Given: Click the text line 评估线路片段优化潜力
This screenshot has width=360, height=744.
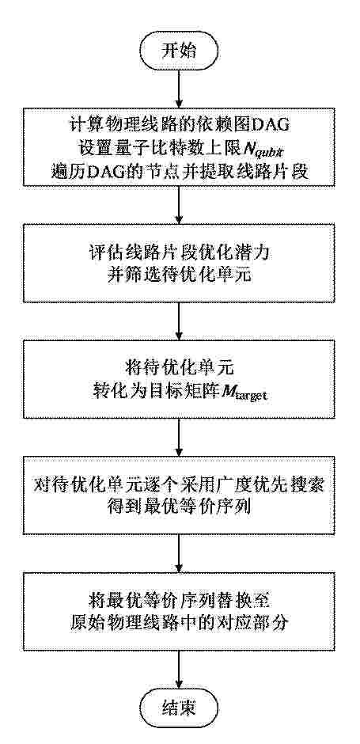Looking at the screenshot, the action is click(180, 252).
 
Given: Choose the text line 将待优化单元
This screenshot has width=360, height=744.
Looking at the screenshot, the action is click(180, 368).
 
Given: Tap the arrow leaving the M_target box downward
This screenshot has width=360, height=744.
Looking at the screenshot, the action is click(179, 437).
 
